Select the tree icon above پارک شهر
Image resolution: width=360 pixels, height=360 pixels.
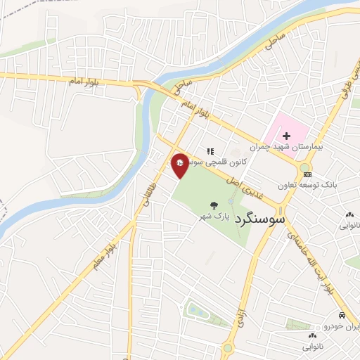tap(213, 206)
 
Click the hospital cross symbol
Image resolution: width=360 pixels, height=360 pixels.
tap(286, 136)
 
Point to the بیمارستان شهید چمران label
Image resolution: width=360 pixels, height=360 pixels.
tap(288, 148)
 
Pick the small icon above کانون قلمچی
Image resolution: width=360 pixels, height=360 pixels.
tap(210, 150)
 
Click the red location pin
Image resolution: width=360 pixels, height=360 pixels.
tap(180, 165)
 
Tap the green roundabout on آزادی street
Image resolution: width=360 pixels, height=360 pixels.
tap(228, 347)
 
